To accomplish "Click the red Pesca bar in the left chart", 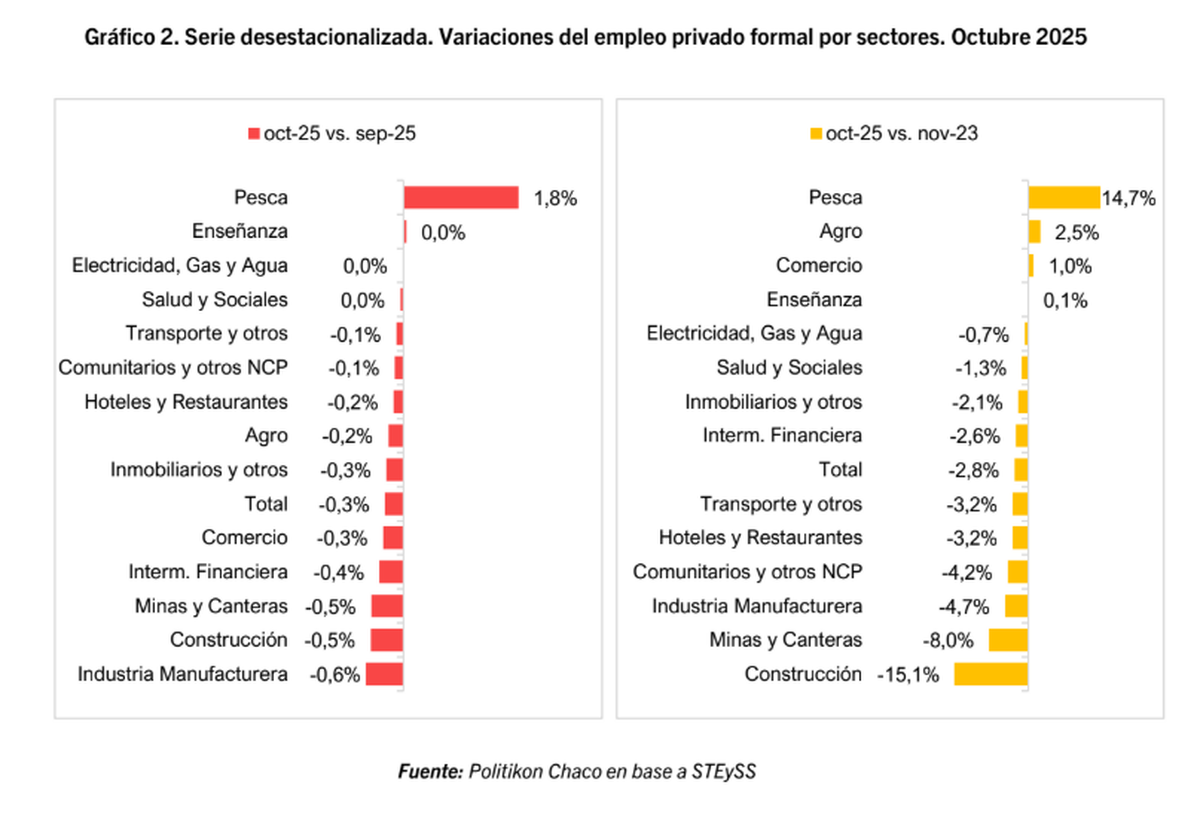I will point(460,198).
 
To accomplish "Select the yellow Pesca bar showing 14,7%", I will point(1063,198).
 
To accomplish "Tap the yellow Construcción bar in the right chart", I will point(990,674).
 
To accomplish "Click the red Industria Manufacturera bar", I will point(384,674).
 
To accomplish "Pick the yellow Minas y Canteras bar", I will point(1008,640).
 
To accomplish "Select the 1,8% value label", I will point(557,198).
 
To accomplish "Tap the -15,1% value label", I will point(908,674).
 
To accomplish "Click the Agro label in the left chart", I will point(266,436).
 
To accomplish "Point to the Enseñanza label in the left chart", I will point(240,232).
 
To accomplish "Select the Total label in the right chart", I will point(840,470).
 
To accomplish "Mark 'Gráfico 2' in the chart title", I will point(127,37).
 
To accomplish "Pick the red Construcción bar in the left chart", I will point(386,640).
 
